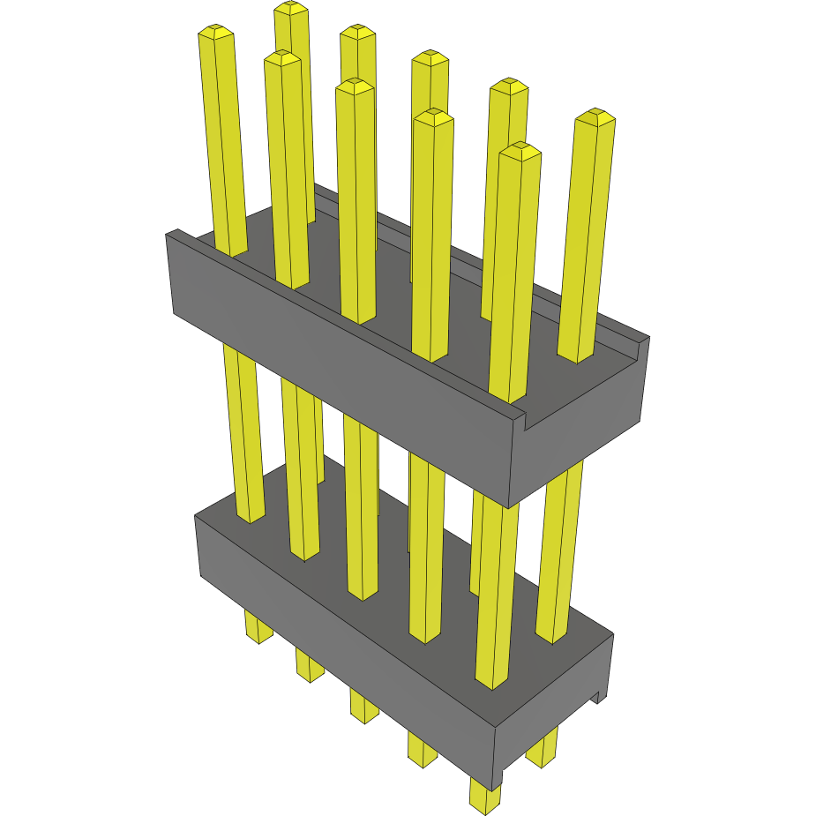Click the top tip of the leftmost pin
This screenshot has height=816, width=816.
(x=216, y=33)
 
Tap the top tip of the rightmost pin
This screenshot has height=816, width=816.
(x=595, y=116)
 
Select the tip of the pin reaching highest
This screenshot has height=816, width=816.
(x=291, y=9)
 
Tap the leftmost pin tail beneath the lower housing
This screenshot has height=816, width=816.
(x=258, y=628)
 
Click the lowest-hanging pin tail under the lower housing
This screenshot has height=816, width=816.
(x=483, y=796)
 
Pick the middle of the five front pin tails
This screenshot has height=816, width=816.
(x=363, y=706)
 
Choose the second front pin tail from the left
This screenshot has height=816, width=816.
(x=310, y=666)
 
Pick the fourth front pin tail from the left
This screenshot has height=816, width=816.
(x=422, y=748)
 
